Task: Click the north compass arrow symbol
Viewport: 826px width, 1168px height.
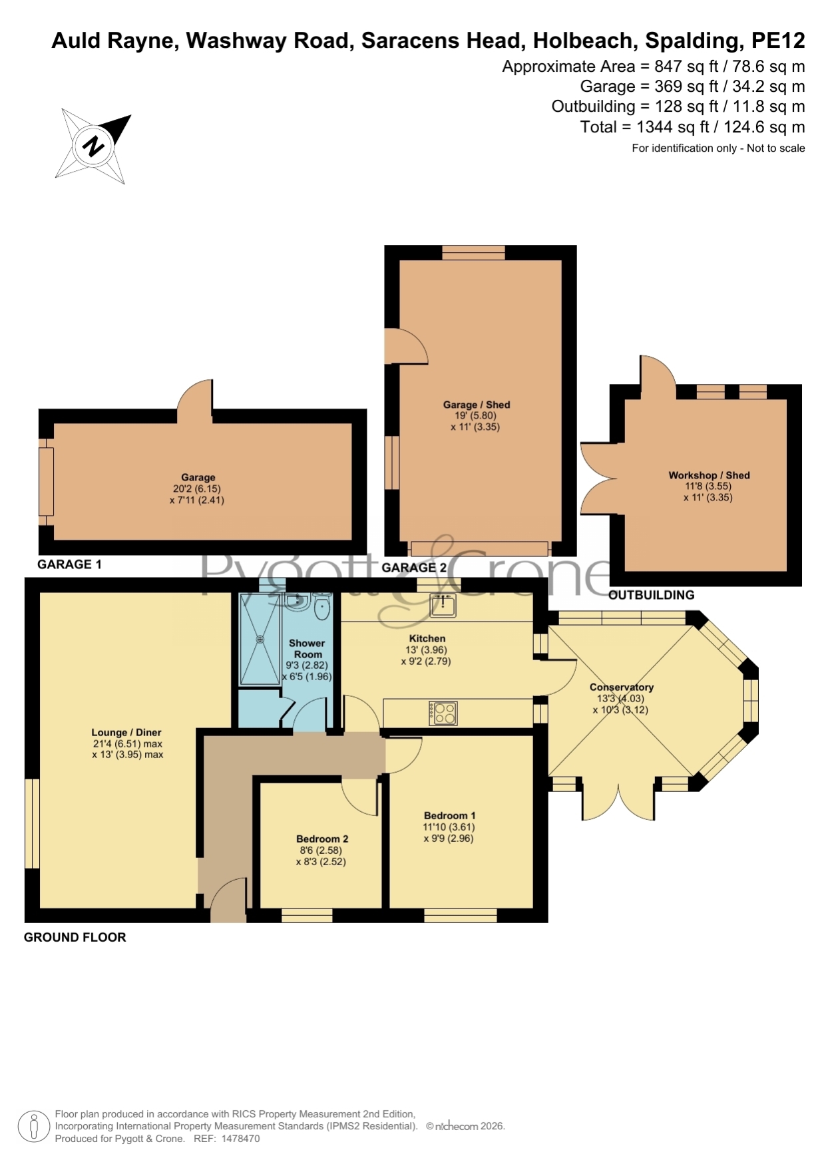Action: (x=93, y=146)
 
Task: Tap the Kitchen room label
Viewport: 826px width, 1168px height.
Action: (x=427, y=638)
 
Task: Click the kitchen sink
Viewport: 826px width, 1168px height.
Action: (x=443, y=605)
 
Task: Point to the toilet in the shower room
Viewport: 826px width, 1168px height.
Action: (x=322, y=608)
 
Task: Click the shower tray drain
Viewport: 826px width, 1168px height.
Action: (x=260, y=639)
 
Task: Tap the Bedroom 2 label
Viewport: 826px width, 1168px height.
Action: (x=322, y=839)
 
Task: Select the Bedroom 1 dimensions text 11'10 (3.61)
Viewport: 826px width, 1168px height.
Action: (x=449, y=827)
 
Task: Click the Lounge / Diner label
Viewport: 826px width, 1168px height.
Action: (x=126, y=732)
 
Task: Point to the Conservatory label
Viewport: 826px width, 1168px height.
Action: (x=622, y=687)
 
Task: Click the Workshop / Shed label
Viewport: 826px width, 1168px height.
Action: (x=709, y=475)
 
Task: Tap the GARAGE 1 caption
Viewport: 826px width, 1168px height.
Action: (x=69, y=564)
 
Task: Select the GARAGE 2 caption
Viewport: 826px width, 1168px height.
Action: (x=414, y=568)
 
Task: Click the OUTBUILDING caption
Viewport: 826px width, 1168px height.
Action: (x=652, y=595)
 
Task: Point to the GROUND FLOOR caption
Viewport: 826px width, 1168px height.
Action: (x=75, y=937)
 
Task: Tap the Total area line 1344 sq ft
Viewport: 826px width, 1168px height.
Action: (x=692, y=126)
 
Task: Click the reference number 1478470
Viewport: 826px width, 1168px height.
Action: (x=240, y=1139)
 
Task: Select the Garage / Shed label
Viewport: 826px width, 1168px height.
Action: (x=477, y=405)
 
